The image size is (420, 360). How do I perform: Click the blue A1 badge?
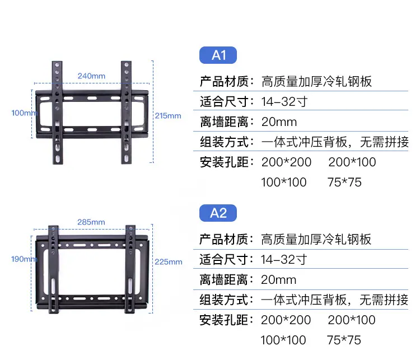click(218, 55)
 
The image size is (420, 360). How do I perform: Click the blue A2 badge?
click(218, 213)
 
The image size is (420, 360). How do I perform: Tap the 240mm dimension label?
click(91, 76)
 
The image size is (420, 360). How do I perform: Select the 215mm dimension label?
click(168, 116)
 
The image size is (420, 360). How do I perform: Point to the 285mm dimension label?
click(91, 222)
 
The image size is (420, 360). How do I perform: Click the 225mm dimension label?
click(169, 262)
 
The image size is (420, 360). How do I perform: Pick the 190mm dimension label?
click(24, 259)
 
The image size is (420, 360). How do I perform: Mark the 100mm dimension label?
click(24, 113)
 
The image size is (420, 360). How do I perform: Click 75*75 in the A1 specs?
click(344, 182)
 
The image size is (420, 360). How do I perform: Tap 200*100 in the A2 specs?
click(352, 320)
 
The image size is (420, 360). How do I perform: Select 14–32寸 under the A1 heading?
click(284, 102)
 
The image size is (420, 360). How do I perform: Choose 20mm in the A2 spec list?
click(278, 280)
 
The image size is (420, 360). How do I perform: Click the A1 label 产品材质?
click(224, 81)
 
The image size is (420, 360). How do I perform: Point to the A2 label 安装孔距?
click(223, 320)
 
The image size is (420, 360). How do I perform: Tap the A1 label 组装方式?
click(224, 142)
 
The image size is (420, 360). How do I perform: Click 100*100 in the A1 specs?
click(284, 182)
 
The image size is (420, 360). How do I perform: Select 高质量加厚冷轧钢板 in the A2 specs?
click(316, 240)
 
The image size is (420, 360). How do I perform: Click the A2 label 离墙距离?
click(223, 280)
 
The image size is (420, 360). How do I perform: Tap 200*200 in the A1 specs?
click(286, 162)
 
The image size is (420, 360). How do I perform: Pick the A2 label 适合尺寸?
click(223, 260)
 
